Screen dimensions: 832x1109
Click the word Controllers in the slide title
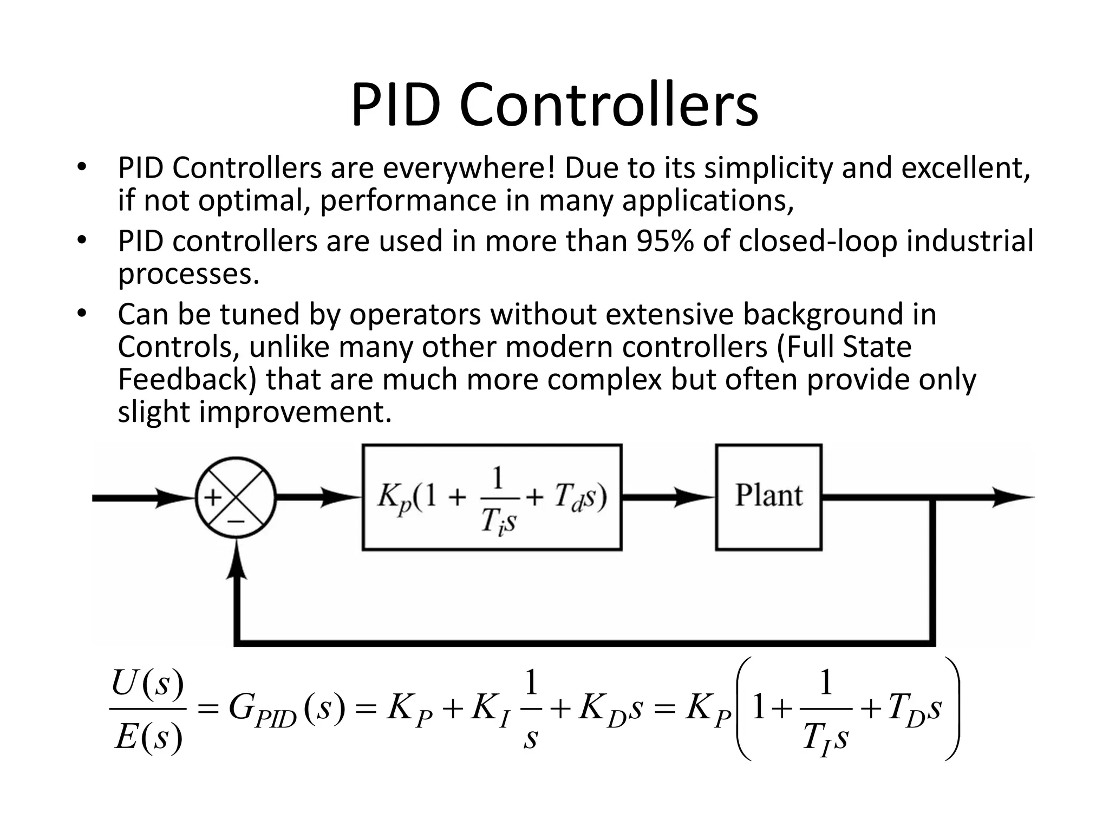[x=609, y=106]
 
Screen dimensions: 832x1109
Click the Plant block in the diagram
[x=768, y=496]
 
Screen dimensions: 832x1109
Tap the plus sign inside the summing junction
[x=213, y=497]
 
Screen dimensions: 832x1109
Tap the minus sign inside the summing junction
[x=236, y=521]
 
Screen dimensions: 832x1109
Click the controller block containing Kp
[x=492, y=497]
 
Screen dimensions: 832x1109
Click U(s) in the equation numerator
[x=147, y=684]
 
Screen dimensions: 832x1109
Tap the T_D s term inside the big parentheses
[x=914, y=710]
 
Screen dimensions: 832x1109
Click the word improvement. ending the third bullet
[x=295, y=412]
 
